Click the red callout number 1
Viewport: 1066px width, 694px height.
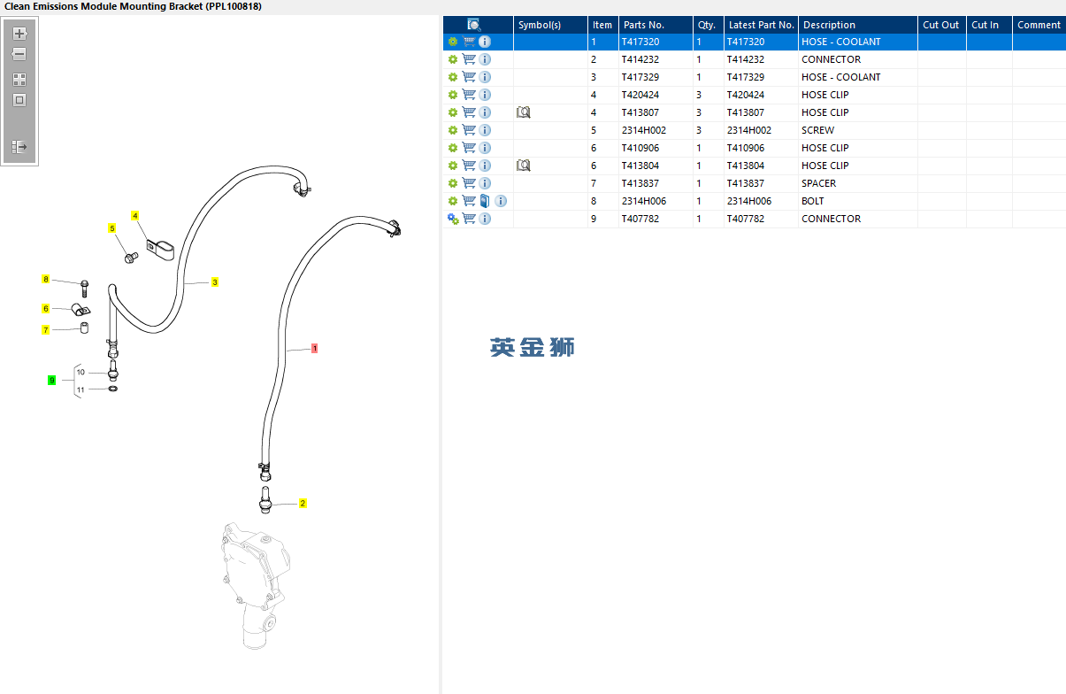(314, 349)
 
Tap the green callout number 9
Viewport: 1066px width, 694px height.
(52, 380)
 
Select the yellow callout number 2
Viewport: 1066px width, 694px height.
(303, 504)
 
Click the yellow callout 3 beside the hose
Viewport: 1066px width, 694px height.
(215, 282)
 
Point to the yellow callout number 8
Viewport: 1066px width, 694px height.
(46, 279)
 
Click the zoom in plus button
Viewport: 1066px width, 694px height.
(19, 34)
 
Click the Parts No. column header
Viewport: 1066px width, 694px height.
(644, 25)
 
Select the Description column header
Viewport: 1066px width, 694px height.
(829, 25)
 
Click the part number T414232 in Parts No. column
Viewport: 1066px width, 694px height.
(640, 59)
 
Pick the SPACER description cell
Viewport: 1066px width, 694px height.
(818, 183)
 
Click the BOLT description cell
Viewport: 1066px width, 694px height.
(812, 201)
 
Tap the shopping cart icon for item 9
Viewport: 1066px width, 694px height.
(469, 219)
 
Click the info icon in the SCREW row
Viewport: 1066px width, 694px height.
(485, 130)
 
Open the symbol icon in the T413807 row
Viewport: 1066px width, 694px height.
(523, 112)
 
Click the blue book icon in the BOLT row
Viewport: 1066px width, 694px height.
(485, 201)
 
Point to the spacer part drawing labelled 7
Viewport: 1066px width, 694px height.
(84, 328)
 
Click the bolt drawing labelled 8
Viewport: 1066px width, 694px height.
(85, 289)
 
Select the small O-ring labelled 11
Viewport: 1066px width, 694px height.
(112, 389)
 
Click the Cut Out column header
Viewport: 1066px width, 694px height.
(940, 25)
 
